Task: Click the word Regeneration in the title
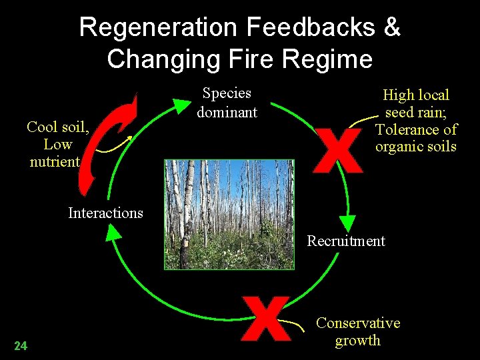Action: pyautogui.click(x=158, y=28)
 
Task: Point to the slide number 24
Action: pyautogui.click(x=21, y=345)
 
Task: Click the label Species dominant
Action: pyautogui.click(x=227, y=103)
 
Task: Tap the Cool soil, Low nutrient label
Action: pyautogui.click(x=57, y=144)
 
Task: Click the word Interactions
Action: pyautogui.click(x=105, y=213)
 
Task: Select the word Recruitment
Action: pyautogui.click(x=346, y=241)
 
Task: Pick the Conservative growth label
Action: pyautogui.click(x=358, y=332)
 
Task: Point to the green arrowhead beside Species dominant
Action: pyautogui.click(x=181, y=105)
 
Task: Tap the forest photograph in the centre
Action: pyautogui.click(x=229, y=214)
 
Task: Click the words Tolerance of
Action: pyautogui.click(x=416, y=129)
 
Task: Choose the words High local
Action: pyautogui.click(x=416, y=95)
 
